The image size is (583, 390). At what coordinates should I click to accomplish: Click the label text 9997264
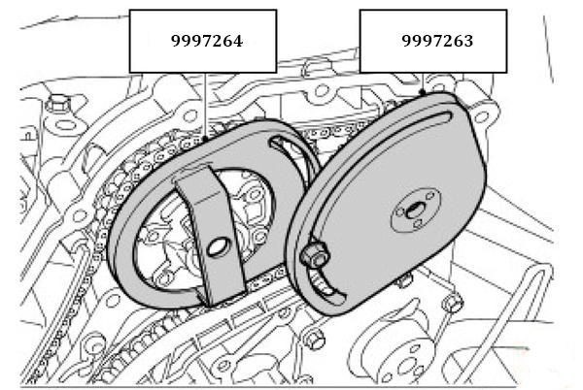click(207, 41)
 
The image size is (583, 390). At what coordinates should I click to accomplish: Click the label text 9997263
click(437, 41)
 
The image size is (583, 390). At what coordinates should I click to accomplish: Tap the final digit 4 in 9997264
click(237, 41)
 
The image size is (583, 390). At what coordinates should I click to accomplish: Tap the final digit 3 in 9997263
click(468, 41)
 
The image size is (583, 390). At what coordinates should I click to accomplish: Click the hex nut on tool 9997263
click(315, 254)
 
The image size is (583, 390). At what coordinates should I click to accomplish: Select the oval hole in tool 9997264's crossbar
click(217, 246)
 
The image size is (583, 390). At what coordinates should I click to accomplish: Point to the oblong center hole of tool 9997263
click(413, 211)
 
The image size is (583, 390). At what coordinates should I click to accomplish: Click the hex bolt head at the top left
click(59, 103)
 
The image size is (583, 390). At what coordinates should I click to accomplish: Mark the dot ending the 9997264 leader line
click(205, 139)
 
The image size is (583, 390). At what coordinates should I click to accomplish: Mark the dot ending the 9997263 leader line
click(423, 91)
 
